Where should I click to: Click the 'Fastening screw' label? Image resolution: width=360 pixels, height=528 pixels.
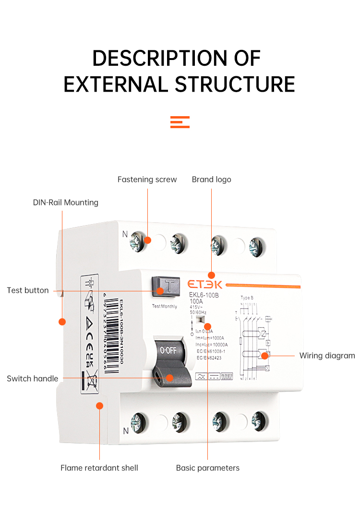click(x=147, y=180)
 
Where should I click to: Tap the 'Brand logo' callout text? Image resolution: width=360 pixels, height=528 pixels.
click(x=211, y=180)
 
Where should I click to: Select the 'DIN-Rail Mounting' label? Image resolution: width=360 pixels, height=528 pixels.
click(x=65, y=203)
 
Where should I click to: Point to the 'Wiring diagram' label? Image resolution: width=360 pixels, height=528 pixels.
click(x=327, y=356)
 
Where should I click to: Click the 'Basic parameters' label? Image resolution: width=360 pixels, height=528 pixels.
click(x=207, y=468)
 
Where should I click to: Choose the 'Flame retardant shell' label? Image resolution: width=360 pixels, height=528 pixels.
click(x=99, y=468)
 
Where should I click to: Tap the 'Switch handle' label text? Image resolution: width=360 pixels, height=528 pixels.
click(x=32, y=379)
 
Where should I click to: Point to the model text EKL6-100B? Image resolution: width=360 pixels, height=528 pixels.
click(x=204, y=296)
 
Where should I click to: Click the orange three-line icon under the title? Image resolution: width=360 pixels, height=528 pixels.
click(x=180, y=122)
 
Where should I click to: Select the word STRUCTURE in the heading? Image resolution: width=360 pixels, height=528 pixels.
click(x=235, y=84)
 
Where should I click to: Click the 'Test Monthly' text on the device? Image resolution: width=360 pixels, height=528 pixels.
click(x=164, y=306)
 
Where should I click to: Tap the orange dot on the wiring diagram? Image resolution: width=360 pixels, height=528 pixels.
click(x=264, y=356)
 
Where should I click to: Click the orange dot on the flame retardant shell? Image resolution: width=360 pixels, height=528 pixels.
click(x=100, y=406)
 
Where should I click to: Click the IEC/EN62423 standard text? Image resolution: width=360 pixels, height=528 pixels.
click(x=211, y=357)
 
